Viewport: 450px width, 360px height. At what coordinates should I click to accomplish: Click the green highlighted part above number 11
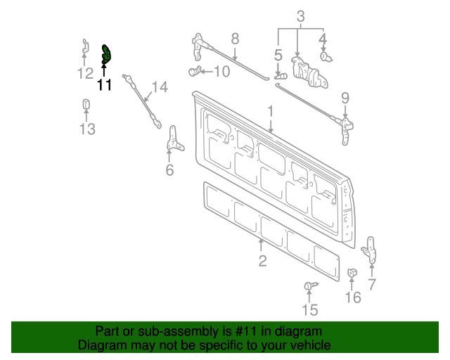pyautogui.click(x=106, y=54)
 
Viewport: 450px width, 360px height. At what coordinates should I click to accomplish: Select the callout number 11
pyautogui.click(x=104, y=86)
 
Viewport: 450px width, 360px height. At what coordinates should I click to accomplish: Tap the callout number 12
pyautogui.click(x=85, y=73)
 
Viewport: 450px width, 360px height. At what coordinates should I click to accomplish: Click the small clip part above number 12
pyautogui.click(x=85, y=47)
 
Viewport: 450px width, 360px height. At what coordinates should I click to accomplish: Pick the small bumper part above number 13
pyautogui.click(x=86, y=105)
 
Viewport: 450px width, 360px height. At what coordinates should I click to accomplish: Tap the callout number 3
pyautogui.click(x=300, y=15)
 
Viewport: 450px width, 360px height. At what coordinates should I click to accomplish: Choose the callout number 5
pyautogui.click(x=278, y=54)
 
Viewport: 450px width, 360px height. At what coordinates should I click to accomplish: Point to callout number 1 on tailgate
pyautogui.click(x=269, y=111)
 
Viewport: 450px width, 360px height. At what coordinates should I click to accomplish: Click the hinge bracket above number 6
pyautogui.click(x=172, y=139)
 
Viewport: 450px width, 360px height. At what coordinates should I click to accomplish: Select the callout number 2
pyautogui.click(x=262, y=262)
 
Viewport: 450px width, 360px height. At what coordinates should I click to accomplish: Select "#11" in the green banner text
pyautogui.click(x=248, y=331)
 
